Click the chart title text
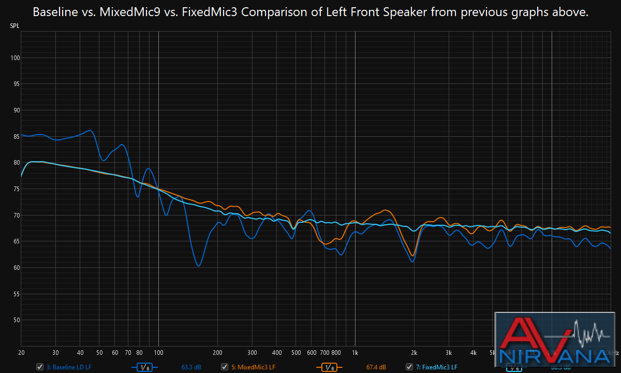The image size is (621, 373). [x=310, y=12]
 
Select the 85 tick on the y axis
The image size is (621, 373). [x=15, y=137]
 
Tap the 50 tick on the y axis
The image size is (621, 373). [x=15, y=320]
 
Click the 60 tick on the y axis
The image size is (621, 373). [x=15, y=268]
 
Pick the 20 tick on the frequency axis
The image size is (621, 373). [x=21, y=352]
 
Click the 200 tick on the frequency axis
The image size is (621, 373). [x=217, y=352]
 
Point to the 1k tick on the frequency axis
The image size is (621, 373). [x=355, y=352]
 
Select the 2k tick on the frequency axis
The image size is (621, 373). [x=414, y=352]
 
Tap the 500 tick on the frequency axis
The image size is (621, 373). [x=295, y=352]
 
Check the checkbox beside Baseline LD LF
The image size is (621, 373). [x=39, y=367]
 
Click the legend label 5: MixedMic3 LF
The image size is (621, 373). [x=253, y=367]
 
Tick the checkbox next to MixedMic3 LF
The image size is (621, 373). [x=224, y=367]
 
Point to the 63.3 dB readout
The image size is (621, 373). [x=191, y=367]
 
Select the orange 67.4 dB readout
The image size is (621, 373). [x=376, y=367]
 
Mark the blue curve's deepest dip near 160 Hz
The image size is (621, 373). [x=198, y=266]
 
